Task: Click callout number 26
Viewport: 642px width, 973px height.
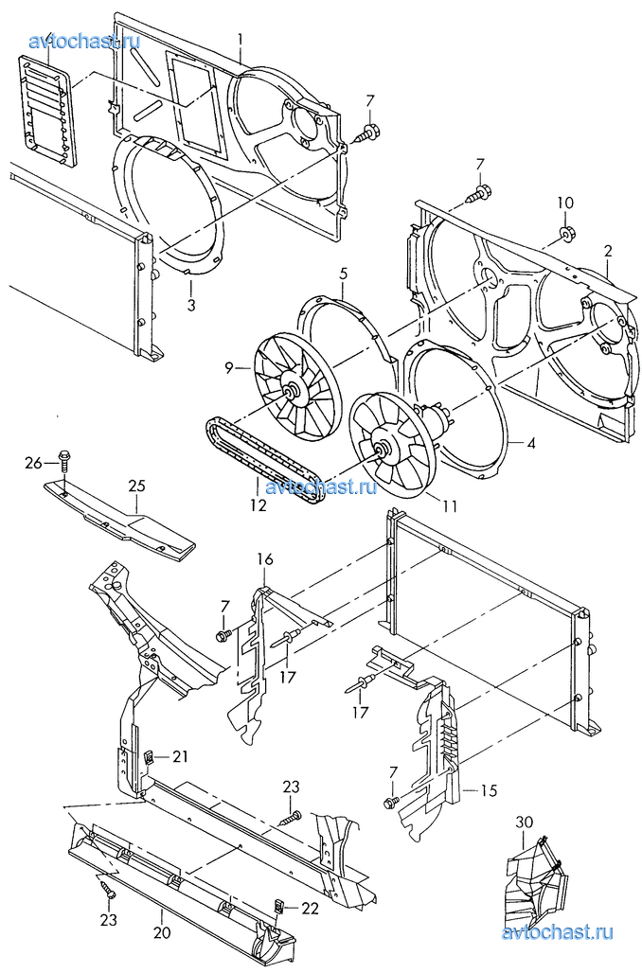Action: (x=33, y=463)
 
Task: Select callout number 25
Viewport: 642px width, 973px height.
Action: (x=137, y=486)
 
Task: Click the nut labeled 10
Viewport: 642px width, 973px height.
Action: (x=565, y=235)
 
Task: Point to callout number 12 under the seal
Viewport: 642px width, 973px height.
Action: (x=259, y=505)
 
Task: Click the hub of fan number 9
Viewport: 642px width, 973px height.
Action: (x=291, y=391)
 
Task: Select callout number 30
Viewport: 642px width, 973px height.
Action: (x=524, y=822)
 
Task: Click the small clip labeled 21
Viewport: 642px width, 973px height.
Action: (x=149, y=756)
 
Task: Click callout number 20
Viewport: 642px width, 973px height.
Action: (x=162, y=933)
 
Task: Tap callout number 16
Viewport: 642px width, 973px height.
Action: (x=265, y=559)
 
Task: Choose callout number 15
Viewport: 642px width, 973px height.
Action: (x=490, y=790)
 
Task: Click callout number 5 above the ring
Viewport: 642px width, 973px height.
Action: (x=344, y=274)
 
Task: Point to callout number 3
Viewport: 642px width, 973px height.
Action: (x=191, y=305)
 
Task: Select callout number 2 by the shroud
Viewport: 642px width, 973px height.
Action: (x=608, y=252)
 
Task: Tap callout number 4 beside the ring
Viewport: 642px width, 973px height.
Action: (x=531, y=443)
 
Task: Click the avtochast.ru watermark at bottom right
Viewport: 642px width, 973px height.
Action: (x=557, y=931)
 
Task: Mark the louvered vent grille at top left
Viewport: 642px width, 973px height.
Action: (x=47, y=110)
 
